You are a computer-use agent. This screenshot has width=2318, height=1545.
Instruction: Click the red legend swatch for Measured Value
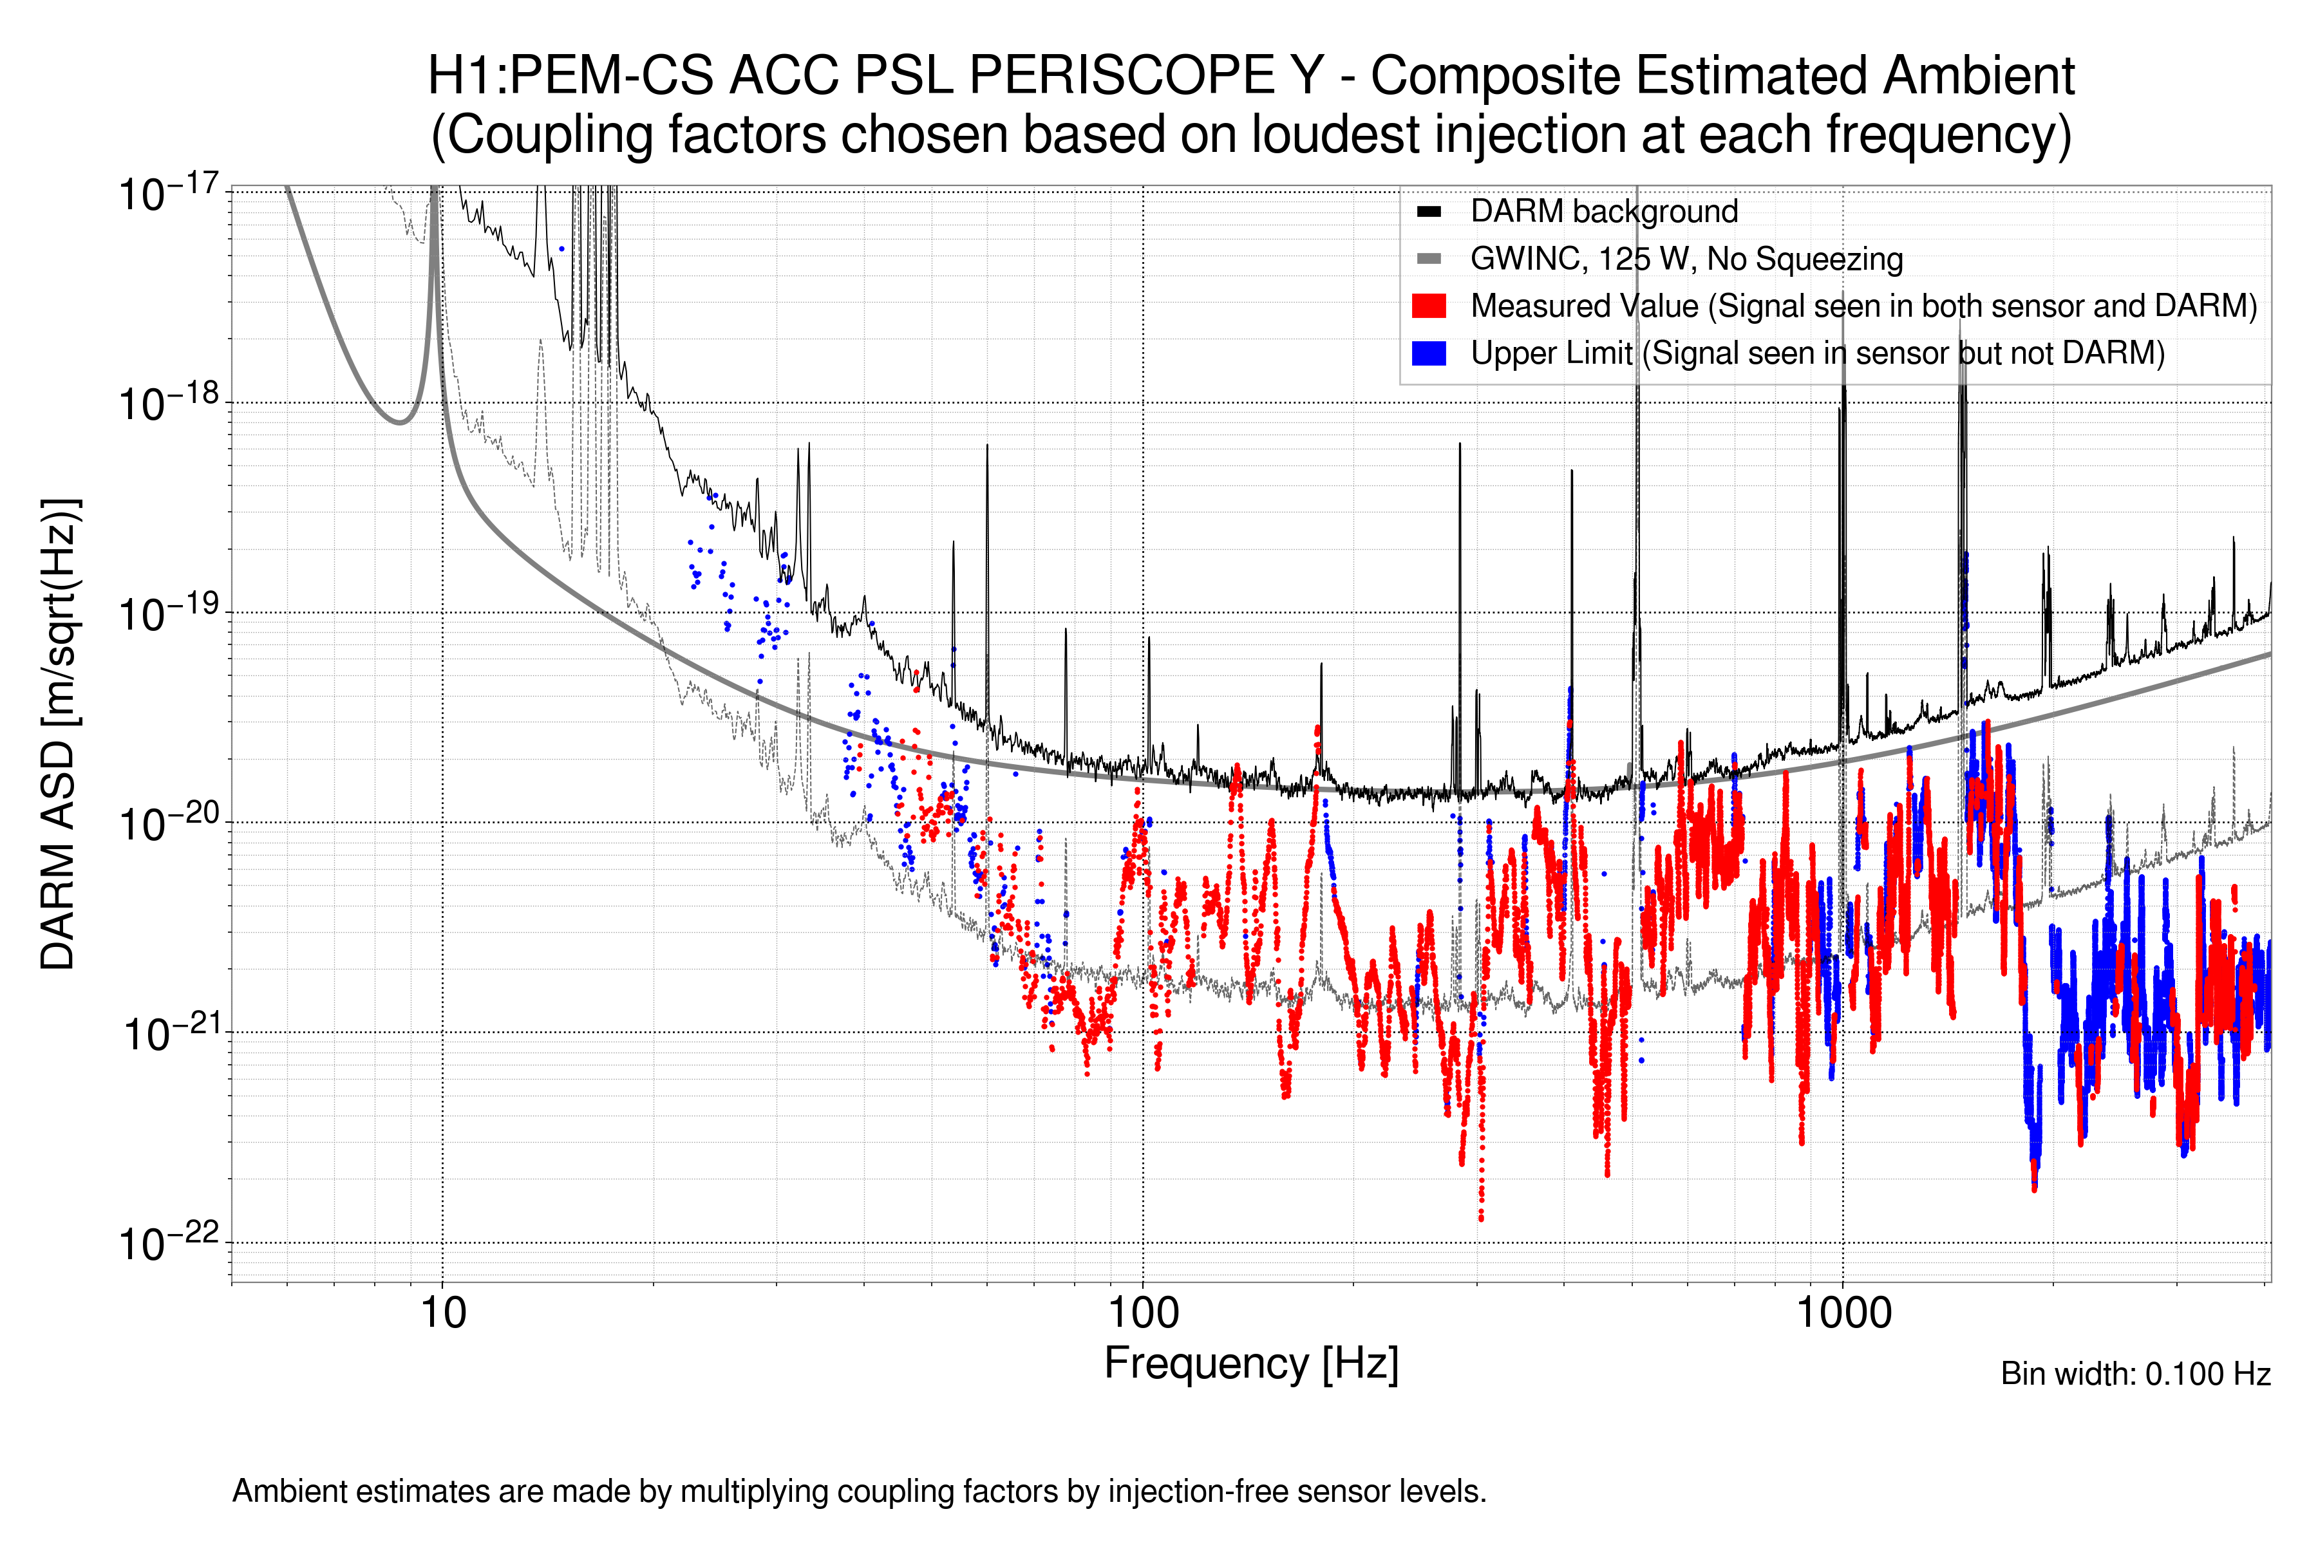coord(1428,306)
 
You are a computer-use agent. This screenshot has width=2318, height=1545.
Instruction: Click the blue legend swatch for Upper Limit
coord(1428,353)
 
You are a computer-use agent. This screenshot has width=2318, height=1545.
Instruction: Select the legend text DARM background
coord(1603,212)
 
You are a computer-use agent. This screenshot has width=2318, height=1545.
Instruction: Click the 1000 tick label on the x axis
coord(1843,1313)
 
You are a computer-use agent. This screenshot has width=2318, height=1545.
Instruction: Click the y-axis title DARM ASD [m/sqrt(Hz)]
coord(59,734)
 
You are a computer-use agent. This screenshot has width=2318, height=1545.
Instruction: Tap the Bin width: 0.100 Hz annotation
coord(2134,1374)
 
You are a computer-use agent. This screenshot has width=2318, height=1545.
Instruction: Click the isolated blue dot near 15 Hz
coord(561,249)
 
